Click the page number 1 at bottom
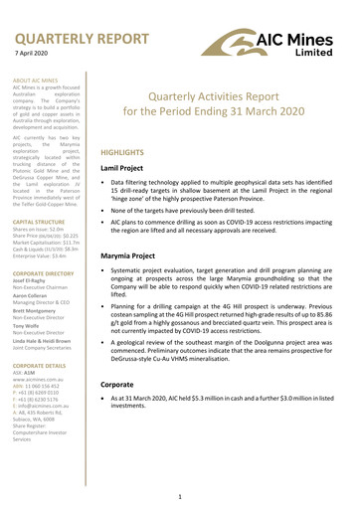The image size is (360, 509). pos(177,495)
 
